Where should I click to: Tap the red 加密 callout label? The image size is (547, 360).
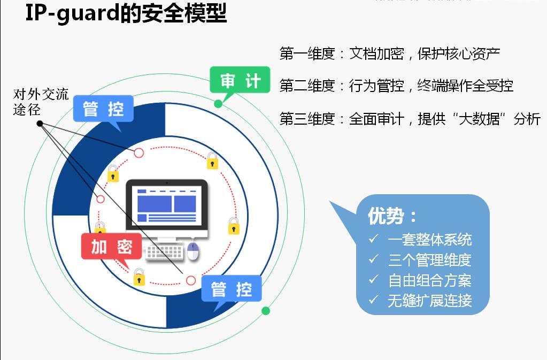coord(111,247)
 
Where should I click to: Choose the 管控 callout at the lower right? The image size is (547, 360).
coord(232,290)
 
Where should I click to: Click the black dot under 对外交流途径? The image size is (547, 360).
coord(40,124)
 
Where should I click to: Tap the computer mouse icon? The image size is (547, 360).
coord(192,251)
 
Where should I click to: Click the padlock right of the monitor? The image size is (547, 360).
coord(233,226)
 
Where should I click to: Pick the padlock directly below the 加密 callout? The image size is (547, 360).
coord(139,277)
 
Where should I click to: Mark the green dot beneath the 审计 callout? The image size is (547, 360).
coord(218,104)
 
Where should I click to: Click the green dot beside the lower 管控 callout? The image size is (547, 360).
coord(266,311)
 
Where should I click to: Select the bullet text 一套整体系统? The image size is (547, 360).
coord(429,240)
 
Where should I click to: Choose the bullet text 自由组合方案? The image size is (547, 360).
coord(429,280)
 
